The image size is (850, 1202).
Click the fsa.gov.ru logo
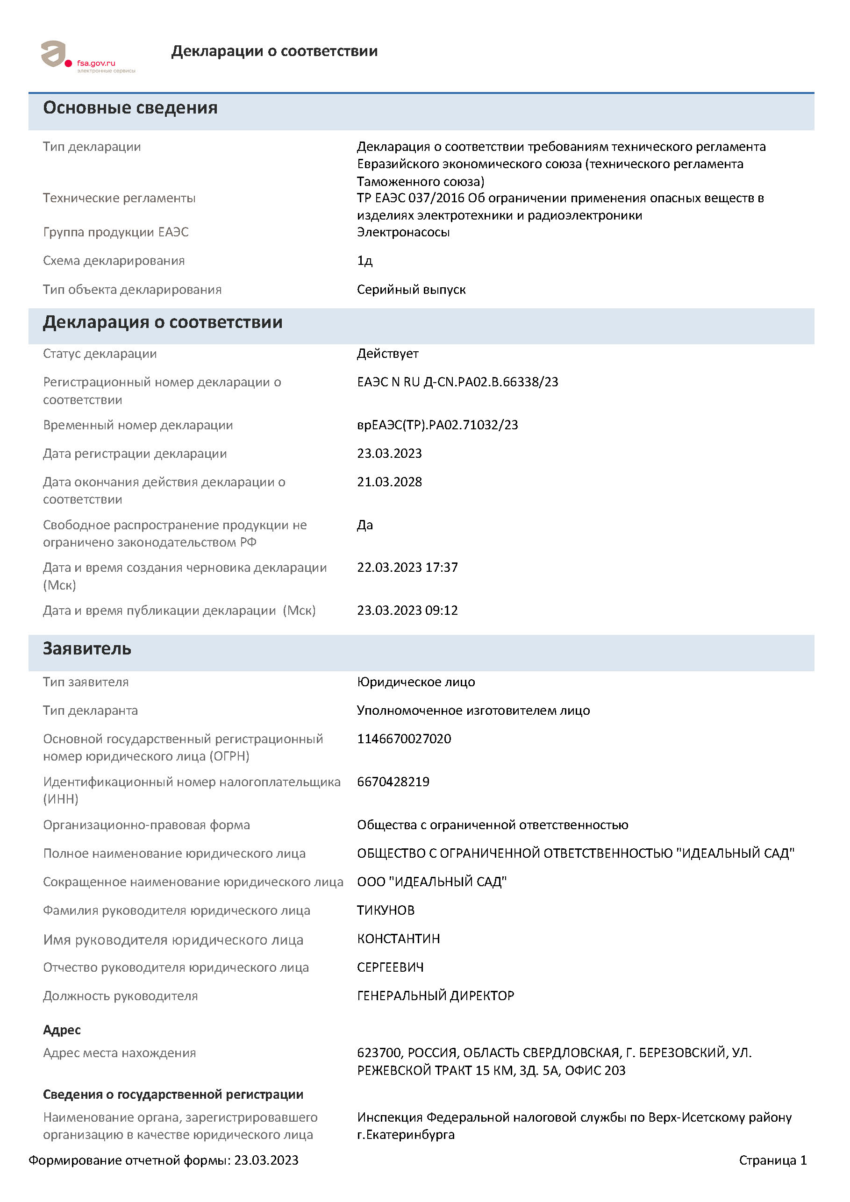(x=87, y=57)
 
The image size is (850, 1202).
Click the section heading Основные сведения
(x=130, y=108)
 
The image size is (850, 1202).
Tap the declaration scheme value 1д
(x=364, y=261)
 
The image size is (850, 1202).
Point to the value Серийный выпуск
(x=411, y=290)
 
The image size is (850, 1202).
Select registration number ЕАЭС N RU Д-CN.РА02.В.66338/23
(x=457, y=382)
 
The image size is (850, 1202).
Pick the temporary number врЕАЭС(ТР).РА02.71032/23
(x=437, y=425)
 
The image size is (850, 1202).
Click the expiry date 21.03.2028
(x=389, y=482)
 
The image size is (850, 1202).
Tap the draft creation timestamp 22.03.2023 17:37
(x=407, y=567)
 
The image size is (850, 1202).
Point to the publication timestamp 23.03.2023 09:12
(x=407, y=610)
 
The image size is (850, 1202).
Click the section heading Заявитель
(x=87, y=648)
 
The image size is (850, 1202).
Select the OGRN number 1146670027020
(x=404, y=739)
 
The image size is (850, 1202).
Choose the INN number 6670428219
(x=393, y=782)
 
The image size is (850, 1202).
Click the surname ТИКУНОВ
(x=386, y=910)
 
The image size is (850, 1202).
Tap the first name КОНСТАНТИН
(x=398, y=939)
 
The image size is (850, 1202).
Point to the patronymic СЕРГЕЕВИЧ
(x=390, y=967)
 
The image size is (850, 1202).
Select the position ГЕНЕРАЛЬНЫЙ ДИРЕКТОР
(x=435, y=995)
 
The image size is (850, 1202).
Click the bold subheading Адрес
(x=62, y=1030)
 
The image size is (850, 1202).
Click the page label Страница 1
(x=772, y=1160)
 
